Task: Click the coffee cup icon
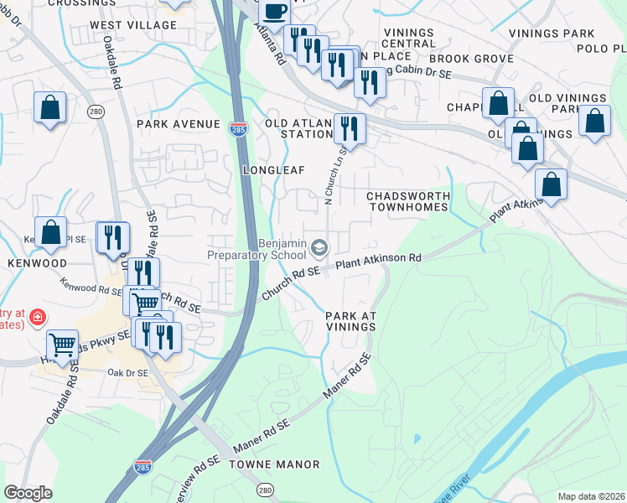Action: pyautogui.click(x=274, y=12)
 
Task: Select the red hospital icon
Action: pyautogui.click(x=37, y=318)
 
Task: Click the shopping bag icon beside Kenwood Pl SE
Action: pyautogui.click(x=50, y=232)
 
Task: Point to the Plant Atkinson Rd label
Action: pyautogui.click(x=378, y=262)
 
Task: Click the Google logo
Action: pyautogui.click(x=28, y=493)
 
